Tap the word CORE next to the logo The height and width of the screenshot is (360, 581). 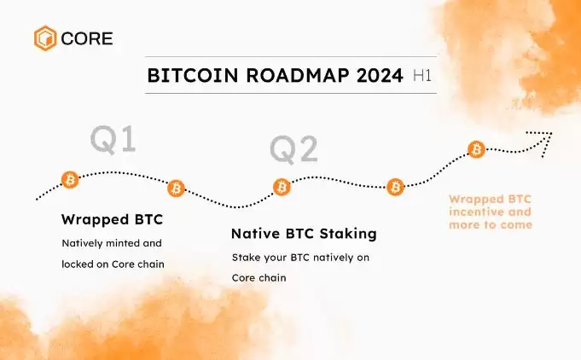coord(85,38)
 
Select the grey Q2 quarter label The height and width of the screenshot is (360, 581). coord(294,149)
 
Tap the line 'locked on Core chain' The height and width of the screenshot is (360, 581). coord(113,264)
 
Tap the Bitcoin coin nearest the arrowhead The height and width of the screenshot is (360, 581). coord(477,150)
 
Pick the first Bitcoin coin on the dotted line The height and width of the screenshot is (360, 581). coord(70,179)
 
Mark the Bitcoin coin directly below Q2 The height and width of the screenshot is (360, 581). coord(282,186)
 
